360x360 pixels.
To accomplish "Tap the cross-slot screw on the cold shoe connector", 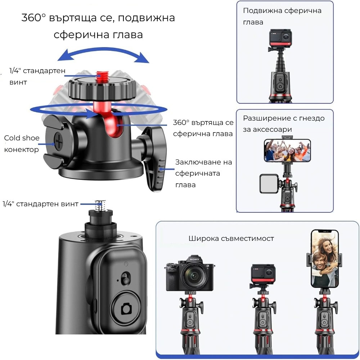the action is (59, 141).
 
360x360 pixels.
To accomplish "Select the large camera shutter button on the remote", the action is (126, 308).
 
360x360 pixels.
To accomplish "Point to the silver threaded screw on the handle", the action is (100, 206).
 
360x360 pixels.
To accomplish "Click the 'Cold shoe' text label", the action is (22, 138).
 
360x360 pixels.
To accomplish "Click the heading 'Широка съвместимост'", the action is (231, 239).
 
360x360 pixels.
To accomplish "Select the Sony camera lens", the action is (194, 275).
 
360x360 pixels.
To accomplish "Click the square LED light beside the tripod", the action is (269, 184).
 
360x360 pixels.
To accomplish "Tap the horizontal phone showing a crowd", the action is (287, 150).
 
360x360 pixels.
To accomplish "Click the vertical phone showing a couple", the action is (324, 258).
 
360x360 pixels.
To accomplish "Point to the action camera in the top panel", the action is (280, 38).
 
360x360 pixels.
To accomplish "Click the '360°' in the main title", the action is (33, 17).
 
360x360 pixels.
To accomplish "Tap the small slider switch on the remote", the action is (125, 279).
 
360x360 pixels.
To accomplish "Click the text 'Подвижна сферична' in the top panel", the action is (282, 11).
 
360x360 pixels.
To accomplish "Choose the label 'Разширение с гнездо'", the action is (284, 118).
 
